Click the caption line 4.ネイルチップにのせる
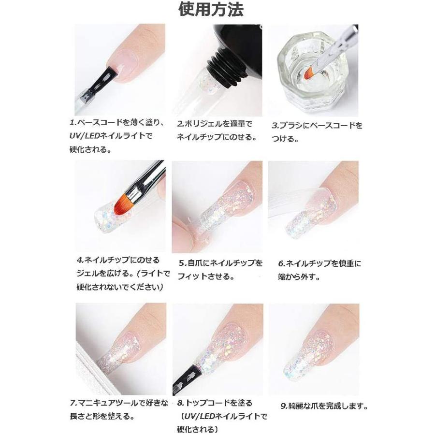point(117,261)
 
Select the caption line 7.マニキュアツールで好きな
point(119,403)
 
